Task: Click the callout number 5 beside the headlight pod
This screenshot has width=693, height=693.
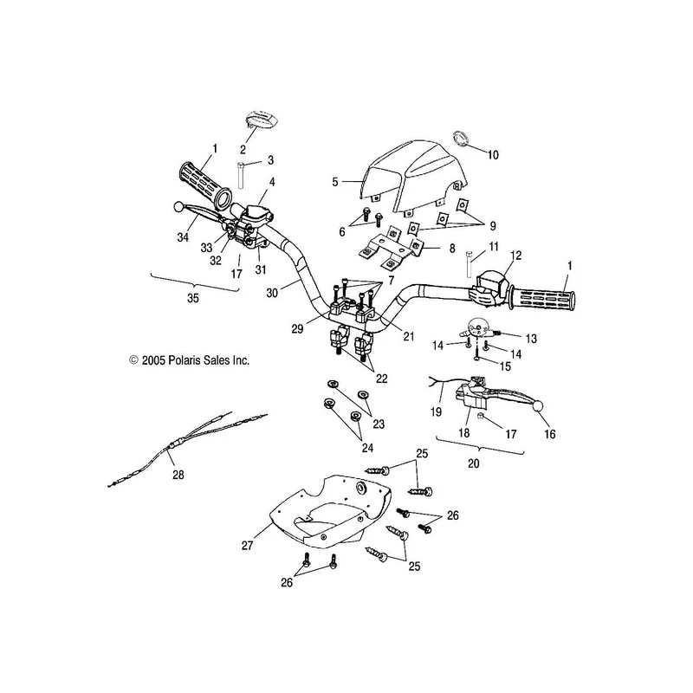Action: click(335, 182)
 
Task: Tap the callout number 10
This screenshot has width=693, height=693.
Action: click(493, 155)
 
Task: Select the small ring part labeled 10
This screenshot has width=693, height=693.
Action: click(461, 139)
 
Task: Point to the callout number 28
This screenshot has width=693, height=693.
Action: click(178, 475)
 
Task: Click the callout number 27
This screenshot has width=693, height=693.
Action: click(247, 546)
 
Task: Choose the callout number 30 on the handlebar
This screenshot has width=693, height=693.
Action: click(272, 293)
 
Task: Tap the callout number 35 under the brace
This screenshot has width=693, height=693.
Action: click(193, 298)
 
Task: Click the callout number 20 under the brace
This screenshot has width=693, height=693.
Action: click(473, 463)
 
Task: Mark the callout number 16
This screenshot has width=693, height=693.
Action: click(549, 434)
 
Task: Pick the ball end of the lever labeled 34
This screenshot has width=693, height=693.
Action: click(178, 206)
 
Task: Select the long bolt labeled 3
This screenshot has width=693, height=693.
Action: click(241, 176)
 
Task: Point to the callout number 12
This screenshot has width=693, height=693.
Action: click(515, 256)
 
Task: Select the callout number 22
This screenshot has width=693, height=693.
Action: click(381, 379)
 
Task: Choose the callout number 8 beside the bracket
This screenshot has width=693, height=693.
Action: click(452, 249)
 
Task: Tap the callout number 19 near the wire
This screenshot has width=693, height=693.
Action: click(436, 412)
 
